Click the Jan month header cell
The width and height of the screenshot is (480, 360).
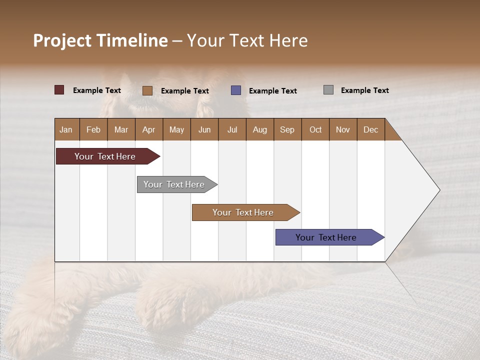point(66,129)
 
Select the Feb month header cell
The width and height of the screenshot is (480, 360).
point(93,129)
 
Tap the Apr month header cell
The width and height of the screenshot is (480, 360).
point(149,129)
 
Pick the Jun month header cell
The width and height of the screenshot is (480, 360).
point(204,129)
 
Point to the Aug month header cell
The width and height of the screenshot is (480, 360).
point(260,129)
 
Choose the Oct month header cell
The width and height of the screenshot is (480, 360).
point(315,129)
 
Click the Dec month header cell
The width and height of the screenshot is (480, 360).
point(371,129)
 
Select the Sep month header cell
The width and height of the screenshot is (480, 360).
point(287,129)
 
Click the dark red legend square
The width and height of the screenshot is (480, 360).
point(59,90)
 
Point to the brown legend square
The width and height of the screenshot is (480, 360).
point(147,90)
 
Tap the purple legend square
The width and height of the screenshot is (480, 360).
point(236,90)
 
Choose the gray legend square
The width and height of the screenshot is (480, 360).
point(328,90)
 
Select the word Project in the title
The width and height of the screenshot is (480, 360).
point(62,40)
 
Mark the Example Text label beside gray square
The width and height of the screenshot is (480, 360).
point(364,90)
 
